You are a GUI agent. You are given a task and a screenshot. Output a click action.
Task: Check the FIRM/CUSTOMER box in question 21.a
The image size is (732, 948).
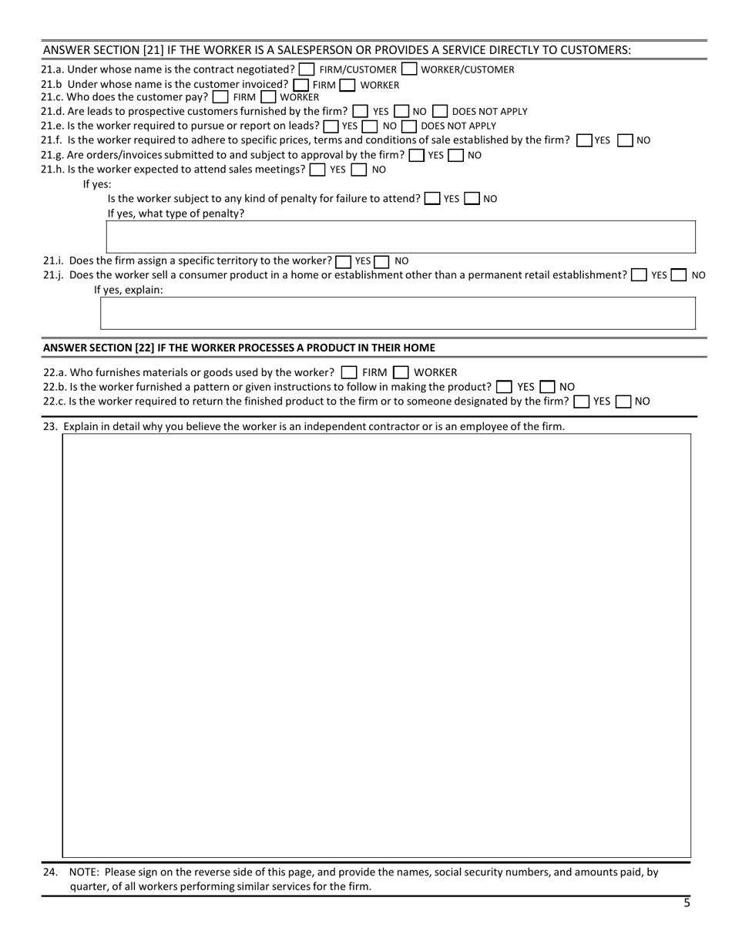click(307, 69)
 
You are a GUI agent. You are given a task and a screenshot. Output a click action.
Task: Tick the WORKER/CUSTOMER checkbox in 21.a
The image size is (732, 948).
click(409, 69)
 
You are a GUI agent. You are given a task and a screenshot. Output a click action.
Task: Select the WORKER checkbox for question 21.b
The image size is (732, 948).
click(348, 85)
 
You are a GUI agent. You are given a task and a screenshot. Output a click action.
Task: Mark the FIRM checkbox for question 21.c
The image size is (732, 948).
click(220, 97)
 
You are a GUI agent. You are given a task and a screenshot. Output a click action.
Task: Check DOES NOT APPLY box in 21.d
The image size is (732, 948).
click(440, 111)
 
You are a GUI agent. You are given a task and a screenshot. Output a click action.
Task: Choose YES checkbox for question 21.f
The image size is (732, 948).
click(584, 140)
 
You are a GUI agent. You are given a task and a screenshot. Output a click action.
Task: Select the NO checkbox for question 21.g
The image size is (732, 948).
click(455, 155)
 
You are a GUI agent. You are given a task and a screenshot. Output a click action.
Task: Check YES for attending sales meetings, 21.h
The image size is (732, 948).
click(317, 170)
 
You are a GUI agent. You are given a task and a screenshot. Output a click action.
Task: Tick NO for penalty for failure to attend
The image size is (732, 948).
click(472, 199)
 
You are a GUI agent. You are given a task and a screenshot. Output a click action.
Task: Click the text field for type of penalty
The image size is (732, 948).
click(400, 237)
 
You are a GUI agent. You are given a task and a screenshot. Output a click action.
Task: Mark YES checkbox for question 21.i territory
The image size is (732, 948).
click(344, 261)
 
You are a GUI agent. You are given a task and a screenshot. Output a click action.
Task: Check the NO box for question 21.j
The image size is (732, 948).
click(679, 275)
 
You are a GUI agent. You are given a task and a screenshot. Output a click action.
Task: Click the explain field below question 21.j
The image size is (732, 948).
click(398, 313)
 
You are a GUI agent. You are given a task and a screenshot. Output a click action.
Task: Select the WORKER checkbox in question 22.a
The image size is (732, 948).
click(401, 372)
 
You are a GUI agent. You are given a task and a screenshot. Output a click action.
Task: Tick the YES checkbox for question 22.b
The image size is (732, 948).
click(505, 387)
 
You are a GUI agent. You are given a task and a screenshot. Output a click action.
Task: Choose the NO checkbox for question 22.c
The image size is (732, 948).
click(624, 402)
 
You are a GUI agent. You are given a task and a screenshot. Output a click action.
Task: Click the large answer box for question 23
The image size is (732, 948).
click(376, 645)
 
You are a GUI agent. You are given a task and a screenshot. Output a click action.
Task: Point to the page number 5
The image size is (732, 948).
click(687, 903)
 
